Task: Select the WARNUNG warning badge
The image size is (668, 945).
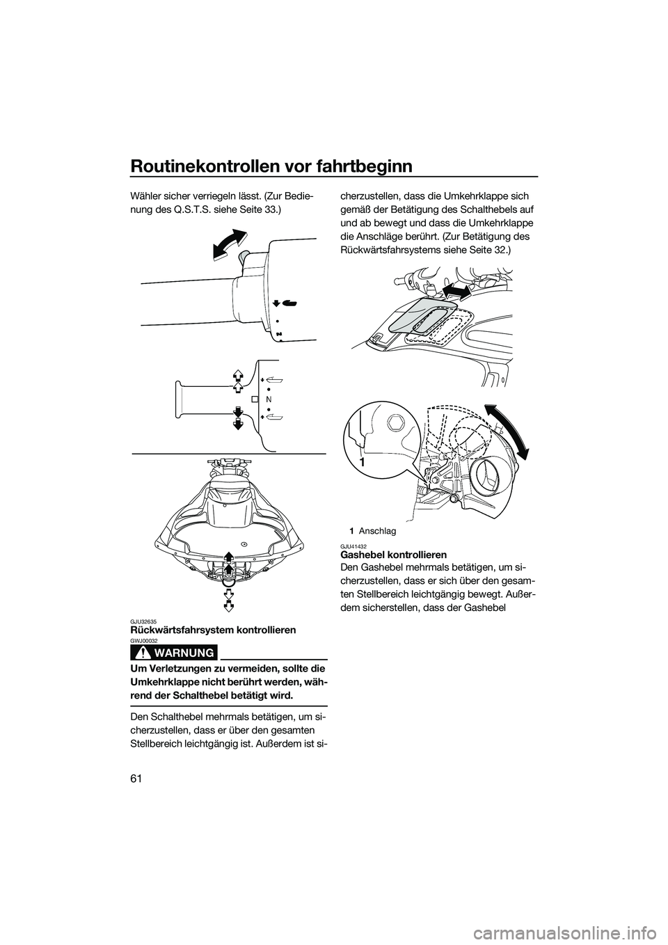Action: [173, 652]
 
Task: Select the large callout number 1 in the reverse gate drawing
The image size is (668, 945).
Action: [362, 462]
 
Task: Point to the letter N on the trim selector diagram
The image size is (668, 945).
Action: [268, 399]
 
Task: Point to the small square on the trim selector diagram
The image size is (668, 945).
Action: [255, 399]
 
